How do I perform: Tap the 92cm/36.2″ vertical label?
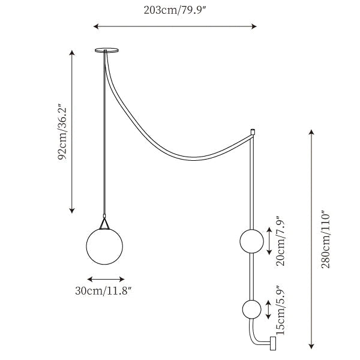tap(62, 133)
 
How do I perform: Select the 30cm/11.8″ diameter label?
tap(103, 291)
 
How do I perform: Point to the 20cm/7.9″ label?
tap(280, 241)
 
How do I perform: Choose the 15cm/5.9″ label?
tap(280, 310)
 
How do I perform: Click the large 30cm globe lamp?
tap(104, 247)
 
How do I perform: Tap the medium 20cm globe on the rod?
tap(252, 241)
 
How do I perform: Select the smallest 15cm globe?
tap(252, 310)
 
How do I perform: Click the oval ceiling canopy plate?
tap(107, 50)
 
